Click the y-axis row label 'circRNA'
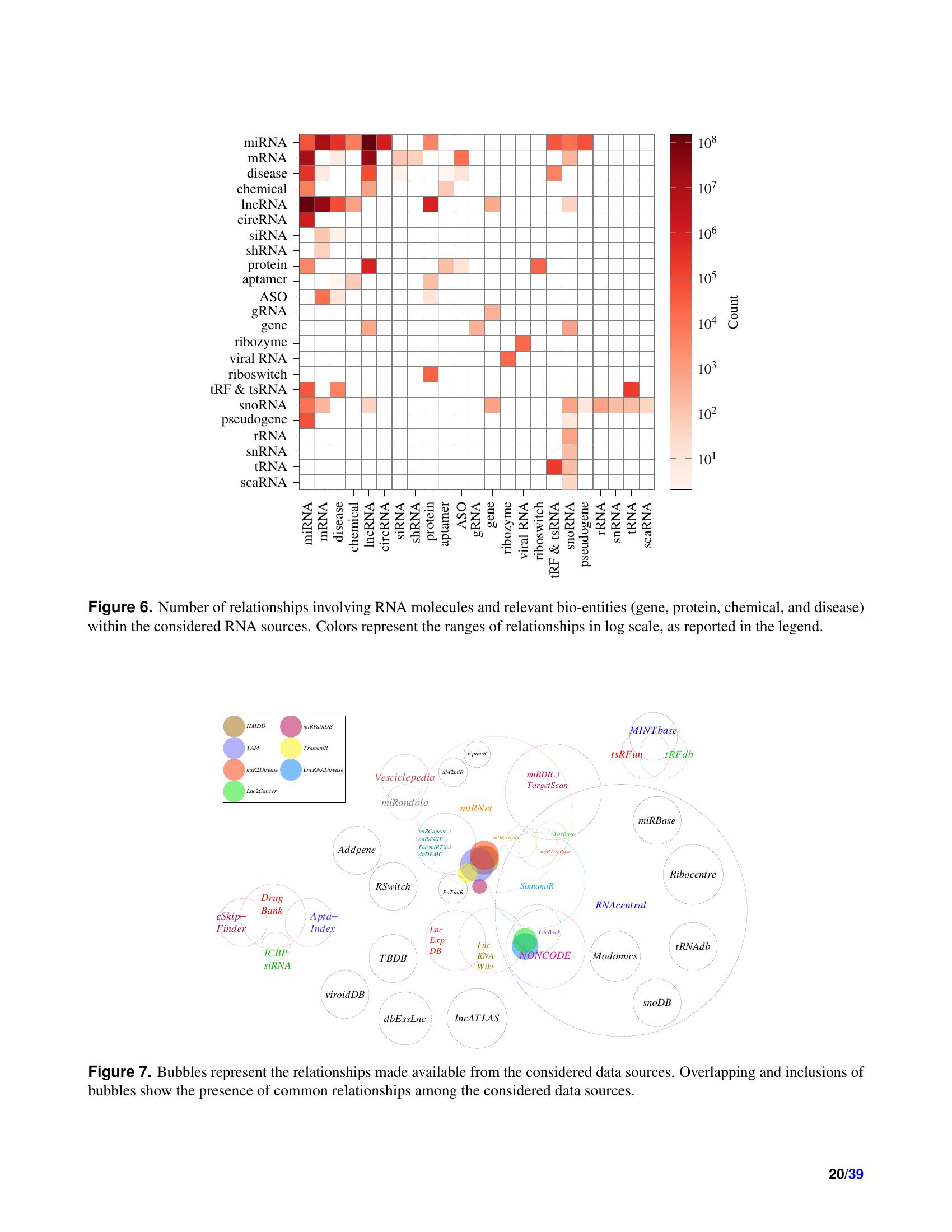(262, 220)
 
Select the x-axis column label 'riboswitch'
(539, 531)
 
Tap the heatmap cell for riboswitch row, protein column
(430, 374)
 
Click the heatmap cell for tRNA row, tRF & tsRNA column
(554, 466)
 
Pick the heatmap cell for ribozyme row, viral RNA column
(523, 342)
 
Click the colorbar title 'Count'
(732, 312)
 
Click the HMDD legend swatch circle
(234, 726)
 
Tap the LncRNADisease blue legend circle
(291, 769)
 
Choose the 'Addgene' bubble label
(356, 850)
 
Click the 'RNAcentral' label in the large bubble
(620, 905)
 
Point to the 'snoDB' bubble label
(657, 1002)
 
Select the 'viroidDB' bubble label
(345, 995)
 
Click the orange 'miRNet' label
(476, 808)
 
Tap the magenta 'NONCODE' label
(545, 955)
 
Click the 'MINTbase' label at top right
(653, 730)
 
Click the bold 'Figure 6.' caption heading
(120, 607)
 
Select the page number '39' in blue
(856, 1174)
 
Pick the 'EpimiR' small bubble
(477, 753)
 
